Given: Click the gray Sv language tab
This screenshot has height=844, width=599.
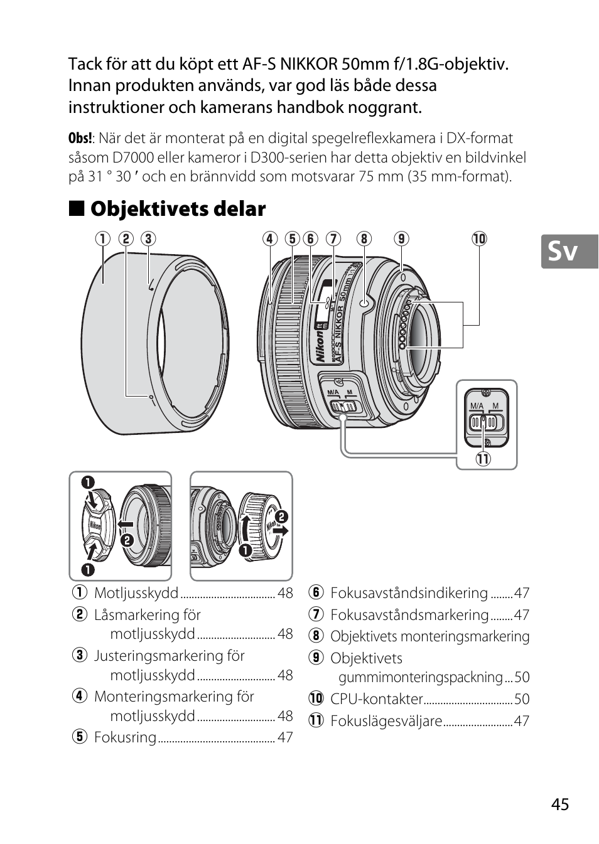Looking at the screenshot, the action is (569, 251).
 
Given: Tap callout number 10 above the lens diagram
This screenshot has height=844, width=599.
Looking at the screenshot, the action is (479, 239).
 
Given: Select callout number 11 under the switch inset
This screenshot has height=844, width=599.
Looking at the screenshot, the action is (483, 459).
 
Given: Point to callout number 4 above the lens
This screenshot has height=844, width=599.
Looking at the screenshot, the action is (270, 239).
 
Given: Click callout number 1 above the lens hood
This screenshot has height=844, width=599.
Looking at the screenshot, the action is (103, 239).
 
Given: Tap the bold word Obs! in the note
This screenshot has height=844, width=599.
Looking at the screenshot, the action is (80, 138).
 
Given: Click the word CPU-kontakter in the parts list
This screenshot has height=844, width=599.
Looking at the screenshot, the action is (377, 699).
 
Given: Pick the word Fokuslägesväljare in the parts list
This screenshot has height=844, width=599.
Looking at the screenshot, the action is (386, 721).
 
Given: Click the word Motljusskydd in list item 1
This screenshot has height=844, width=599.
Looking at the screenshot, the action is (136, 593).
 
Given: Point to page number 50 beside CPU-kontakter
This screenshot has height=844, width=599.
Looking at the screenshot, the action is (522, 699).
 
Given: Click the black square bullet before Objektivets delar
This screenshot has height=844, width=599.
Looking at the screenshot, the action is (77, 208).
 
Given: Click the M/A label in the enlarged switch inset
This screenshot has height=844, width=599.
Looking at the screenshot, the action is (477, 406).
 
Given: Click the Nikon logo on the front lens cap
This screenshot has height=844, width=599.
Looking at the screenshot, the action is (95, 525).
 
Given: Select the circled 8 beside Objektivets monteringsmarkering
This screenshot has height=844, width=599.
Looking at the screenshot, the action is (316, 636).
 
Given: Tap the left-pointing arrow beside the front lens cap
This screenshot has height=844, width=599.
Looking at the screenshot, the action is (125, 524).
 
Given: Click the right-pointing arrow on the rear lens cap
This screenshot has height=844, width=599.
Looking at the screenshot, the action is (281, 531).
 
